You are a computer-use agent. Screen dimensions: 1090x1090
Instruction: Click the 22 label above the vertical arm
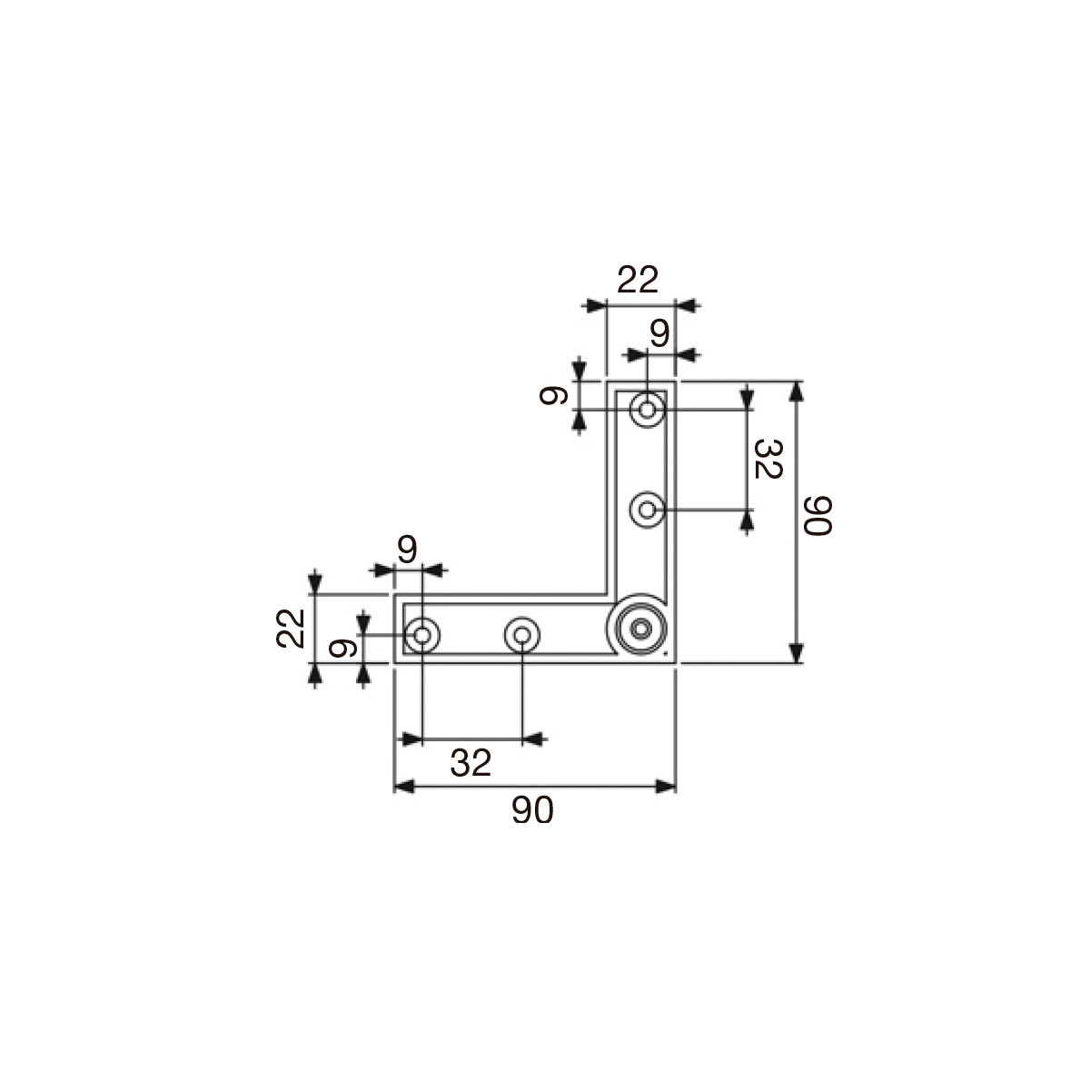tap(638, 280)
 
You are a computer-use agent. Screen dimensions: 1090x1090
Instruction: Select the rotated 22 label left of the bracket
tap(291, 628)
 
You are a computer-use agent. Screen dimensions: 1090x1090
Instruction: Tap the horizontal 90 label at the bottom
tap(532, 810)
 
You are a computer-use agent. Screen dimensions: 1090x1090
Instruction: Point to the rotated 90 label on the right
tap(817, 515)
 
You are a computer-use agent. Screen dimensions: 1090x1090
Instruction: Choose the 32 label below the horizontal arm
tap(471, 763)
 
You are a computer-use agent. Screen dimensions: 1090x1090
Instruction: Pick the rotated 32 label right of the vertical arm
tap(768, 459)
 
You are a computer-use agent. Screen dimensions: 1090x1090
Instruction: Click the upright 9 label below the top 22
tap(659, 333)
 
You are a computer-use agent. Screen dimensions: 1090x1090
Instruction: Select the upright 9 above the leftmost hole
tap(407, 550)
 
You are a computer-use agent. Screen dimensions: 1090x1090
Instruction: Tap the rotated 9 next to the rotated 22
tap(342, 649)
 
